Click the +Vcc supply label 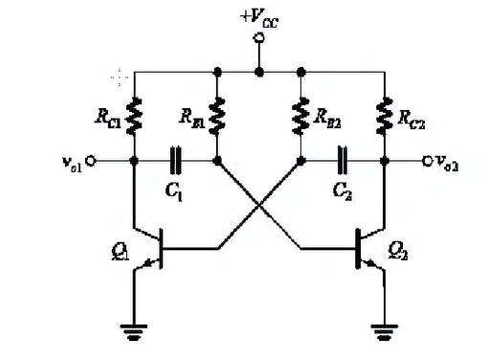[259, 19]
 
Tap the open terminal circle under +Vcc [258, 38]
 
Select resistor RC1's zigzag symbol [134, 116]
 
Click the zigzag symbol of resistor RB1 [217, 116]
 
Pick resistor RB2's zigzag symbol [300, 116]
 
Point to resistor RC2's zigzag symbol [385, 116]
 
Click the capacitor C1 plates [175, 161]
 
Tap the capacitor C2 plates [343, 161]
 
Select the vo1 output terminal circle [91, 161]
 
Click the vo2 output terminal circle [427, 161]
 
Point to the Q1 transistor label [121, 252]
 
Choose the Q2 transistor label [398, 252]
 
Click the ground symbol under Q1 [134, 332]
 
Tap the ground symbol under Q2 [385, 332]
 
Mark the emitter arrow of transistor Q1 [149, 263]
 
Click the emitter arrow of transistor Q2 [370, 263]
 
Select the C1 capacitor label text [174, 192]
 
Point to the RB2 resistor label [327, 118]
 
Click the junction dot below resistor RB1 [217, 161]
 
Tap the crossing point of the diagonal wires [259, 204]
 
